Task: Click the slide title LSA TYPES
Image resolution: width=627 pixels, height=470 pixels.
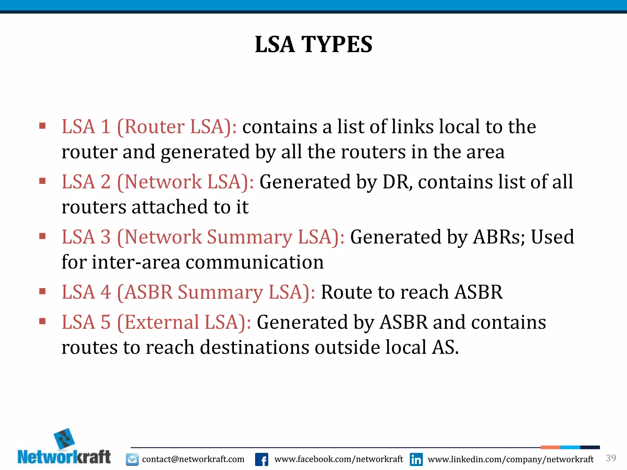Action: point(313,44)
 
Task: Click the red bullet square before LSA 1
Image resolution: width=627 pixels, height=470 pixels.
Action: point(43,126)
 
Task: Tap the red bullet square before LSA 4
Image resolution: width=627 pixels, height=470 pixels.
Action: point(43,291)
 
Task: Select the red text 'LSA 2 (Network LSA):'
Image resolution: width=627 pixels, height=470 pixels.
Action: point(158,182)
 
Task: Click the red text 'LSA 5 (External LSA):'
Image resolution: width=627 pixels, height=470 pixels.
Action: point(156,322)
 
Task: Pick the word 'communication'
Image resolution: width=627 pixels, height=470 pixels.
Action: point(254,262)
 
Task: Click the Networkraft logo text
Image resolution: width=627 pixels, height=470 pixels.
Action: point(64,457)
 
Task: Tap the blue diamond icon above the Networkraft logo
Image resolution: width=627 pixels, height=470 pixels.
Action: point(64,438)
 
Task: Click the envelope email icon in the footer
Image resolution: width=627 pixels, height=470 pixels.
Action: point(132,459)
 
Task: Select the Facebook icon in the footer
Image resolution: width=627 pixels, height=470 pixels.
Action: point(261,459)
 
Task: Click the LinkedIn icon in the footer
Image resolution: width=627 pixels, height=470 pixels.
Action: point(416,459)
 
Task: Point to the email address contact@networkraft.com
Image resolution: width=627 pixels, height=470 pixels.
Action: point(193,459)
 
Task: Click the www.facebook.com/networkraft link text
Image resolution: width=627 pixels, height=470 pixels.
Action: point(339,459)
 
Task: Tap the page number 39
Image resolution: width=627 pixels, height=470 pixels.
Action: point(611,458)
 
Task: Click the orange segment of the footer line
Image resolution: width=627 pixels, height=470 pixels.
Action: point(550,447)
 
